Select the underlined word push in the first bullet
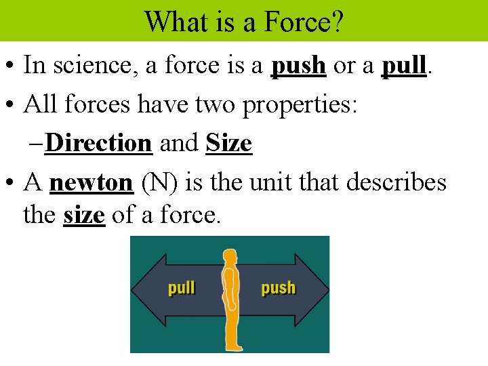click(299, 66)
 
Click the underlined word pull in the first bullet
click(405, 66)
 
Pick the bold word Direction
click(100, 143)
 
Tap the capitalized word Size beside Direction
click(228, 143)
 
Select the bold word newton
click(92, 182)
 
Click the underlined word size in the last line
click(84, 216)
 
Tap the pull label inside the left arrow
click(182, 288)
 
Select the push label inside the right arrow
click(278, 288)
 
